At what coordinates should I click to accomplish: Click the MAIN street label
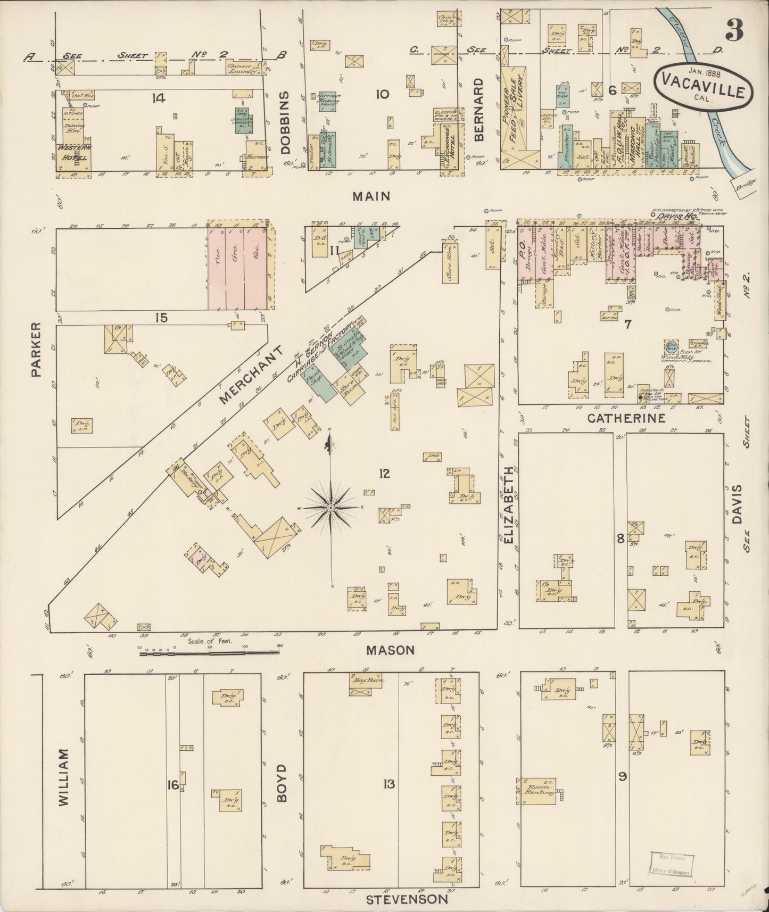coord(371,196)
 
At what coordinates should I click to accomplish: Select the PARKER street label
coord(36,350)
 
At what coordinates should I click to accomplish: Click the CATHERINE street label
coord(626,419)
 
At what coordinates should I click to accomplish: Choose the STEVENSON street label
coord(407,899)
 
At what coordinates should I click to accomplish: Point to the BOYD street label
coord(282,783)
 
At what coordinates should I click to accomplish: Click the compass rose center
coord(331,508)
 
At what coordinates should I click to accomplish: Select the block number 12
coord(384,472)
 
